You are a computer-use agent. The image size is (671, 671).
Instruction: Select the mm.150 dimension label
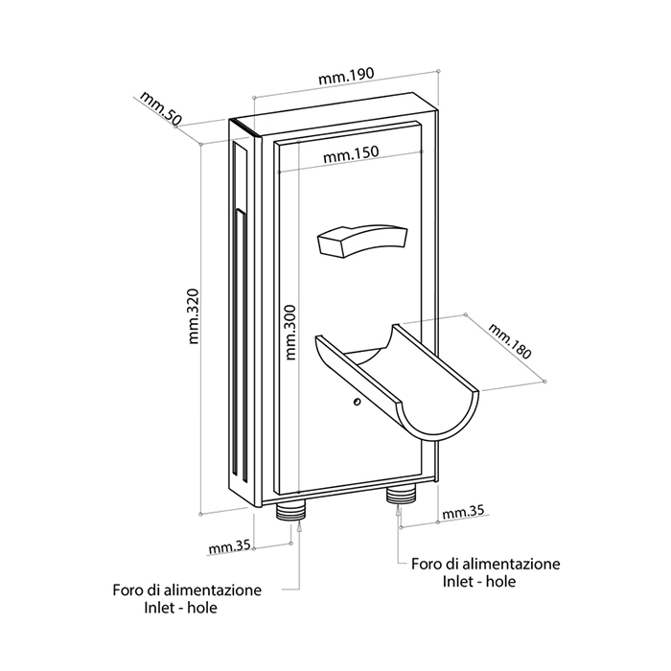coord(351,153)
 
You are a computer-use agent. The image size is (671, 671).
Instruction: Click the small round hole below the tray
coord(355,405)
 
